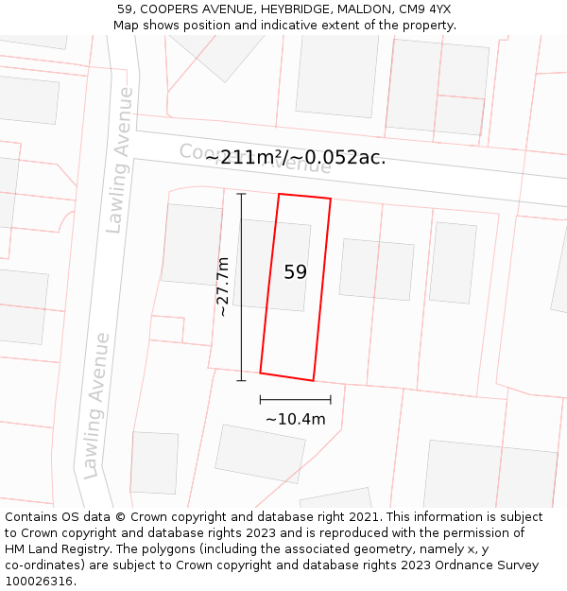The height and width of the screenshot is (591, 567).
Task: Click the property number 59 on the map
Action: pyautogui.click(x=295, y=272)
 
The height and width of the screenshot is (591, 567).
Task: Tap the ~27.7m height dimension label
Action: pyautogui.click(x=222, y=287)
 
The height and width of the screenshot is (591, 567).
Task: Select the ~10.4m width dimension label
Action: pyautogui.click(x=295, y=419)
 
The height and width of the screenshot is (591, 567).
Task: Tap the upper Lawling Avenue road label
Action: pyautogui.click(x=119, y=159)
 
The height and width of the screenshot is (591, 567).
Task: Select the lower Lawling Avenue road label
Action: pyautogui.click(x=96, y=405)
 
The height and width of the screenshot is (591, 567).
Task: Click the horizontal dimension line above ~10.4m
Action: pyautogui.click(x=295, y=400)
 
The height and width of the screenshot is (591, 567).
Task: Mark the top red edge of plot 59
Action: pyautogui.click(x=304, y=196)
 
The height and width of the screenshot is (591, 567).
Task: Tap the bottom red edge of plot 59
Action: pyautogui.click(x=286, y=376)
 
